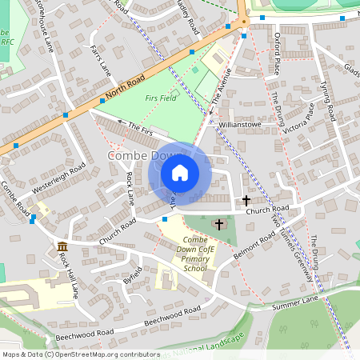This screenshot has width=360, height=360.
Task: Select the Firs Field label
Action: pos(161,98)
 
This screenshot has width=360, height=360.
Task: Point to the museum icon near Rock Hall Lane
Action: pos(62,246)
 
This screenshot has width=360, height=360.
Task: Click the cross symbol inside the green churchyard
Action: pos(219,225)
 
